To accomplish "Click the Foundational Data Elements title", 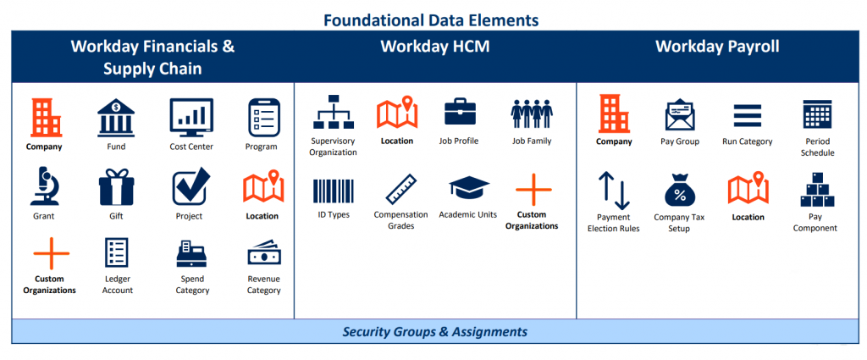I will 432,19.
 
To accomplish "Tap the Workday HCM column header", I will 434,47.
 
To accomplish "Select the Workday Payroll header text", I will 716,47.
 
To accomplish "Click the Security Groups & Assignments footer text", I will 434,331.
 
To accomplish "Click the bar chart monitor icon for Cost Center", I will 191,117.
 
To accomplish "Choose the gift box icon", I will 117,187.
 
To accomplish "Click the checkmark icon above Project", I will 191,187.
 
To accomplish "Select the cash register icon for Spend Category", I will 191,253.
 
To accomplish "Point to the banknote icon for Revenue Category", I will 263,253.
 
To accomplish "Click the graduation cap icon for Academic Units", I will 467,189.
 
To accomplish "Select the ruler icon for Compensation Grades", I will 400,189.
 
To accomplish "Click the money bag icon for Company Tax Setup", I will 679,191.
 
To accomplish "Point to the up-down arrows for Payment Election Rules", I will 614,190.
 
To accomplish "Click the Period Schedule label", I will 817,147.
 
